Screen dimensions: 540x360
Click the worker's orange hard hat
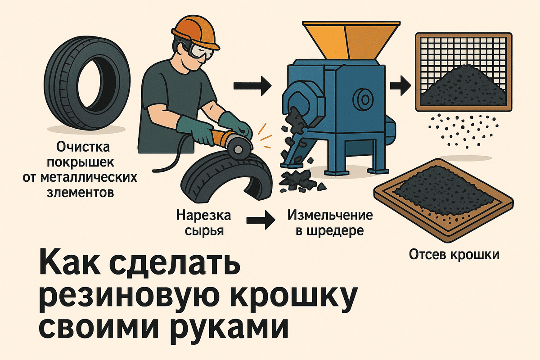195,32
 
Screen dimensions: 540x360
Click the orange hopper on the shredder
351,40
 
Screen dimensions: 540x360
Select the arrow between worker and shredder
252,85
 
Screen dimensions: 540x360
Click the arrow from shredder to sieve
400,85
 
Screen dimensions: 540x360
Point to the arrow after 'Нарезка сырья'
261,220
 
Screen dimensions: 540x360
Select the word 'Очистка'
83,147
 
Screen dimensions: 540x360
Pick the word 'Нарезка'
203,215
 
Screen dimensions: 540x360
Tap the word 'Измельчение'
330,215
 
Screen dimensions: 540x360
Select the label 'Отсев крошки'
454,255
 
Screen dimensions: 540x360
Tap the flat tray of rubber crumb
443,200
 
